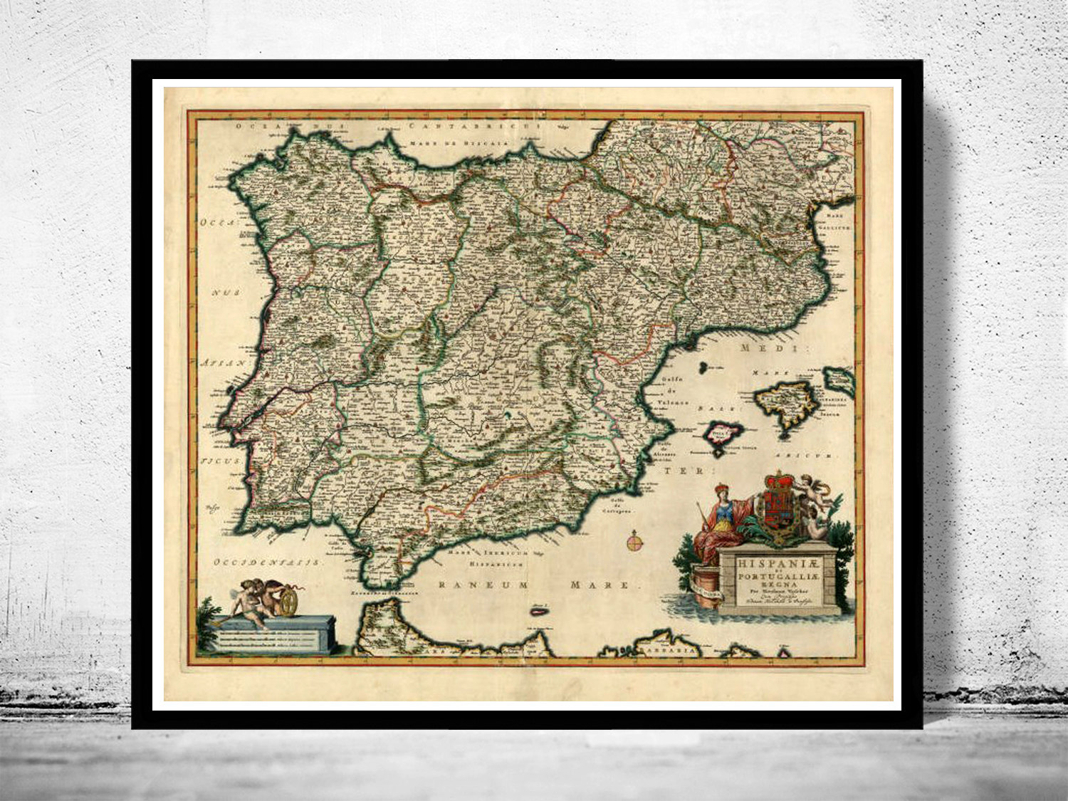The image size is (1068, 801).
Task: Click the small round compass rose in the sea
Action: point(634,543)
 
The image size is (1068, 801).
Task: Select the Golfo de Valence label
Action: point(676,391)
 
